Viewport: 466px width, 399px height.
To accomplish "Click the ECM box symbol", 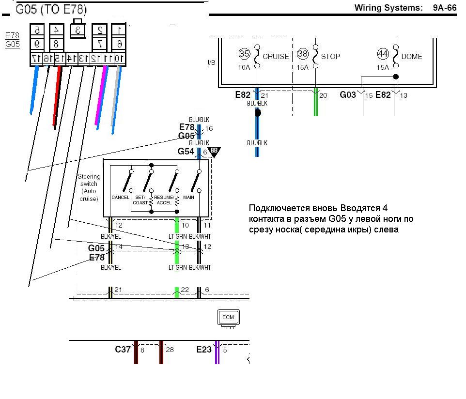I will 228,318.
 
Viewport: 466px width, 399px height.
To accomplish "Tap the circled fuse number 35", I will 244,54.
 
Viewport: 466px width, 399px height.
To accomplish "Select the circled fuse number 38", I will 303,54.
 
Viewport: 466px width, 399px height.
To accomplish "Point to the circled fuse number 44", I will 383,54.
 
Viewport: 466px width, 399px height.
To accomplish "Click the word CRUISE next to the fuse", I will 276,57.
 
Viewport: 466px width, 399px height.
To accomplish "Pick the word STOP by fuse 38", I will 330,57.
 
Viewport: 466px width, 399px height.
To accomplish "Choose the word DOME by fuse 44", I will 412,57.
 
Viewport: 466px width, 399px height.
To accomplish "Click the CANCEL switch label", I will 120,198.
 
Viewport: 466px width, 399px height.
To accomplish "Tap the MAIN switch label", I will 189,198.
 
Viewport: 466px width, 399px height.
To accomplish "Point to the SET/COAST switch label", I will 140,200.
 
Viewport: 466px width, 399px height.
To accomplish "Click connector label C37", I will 123,349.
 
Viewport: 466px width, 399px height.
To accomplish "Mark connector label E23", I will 204,349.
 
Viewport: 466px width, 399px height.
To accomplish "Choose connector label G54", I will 186,152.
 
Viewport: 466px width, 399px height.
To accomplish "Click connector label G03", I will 347,95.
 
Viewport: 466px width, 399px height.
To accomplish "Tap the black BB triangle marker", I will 214,152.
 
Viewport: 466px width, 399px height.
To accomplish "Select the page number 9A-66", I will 445,8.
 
